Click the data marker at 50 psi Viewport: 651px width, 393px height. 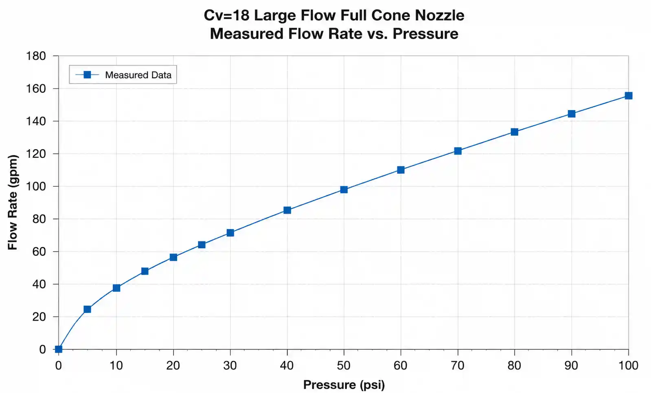coord(344,190)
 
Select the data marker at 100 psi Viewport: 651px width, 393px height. coord(628,96)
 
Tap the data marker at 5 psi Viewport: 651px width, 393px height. coord(87,309)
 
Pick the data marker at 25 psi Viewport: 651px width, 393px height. coord(202,245)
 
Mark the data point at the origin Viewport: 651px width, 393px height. coord(58,349)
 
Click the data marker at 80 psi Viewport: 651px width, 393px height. coord(514,132)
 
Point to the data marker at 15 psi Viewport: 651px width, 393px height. coord(145,272)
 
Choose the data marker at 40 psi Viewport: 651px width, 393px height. coord(287,210)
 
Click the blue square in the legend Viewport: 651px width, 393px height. coord(87,75)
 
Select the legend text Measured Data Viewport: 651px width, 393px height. coord(138,75)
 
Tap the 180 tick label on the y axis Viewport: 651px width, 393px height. coord(36,56)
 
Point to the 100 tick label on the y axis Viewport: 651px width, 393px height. coord(36,186)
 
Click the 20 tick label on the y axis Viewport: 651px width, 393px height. coord(39,317)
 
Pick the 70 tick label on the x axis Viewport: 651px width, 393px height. coord(458,366)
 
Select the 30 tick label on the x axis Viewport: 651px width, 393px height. coord(230,366)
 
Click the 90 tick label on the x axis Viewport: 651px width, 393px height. coord(571,366)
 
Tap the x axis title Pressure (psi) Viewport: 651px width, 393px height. coord(344,385)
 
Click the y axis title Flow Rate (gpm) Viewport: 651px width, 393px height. coord(13,202)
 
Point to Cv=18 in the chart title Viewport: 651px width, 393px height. coord(227,15)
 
